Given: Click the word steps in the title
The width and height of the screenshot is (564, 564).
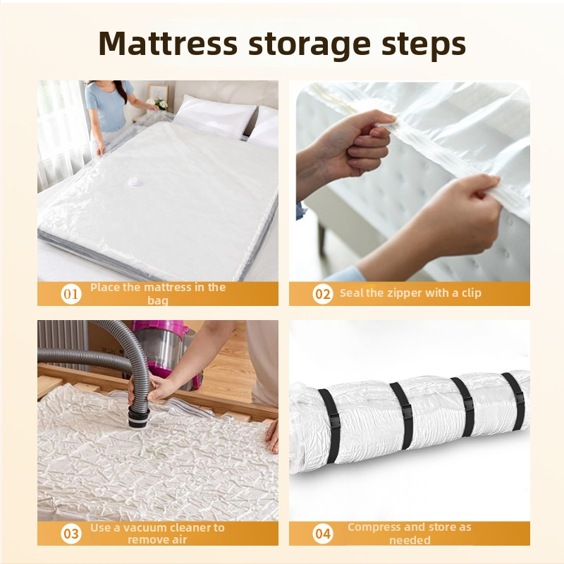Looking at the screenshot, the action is (x=424, y=45).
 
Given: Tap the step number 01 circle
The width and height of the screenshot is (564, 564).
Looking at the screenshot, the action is (x=71, y=294).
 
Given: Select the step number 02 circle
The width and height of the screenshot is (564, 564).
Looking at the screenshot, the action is (x=323, y=294).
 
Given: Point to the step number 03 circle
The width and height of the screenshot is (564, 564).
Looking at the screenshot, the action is (x=71, y=534).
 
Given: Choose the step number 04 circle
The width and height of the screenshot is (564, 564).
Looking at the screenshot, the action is (x=323, y=534).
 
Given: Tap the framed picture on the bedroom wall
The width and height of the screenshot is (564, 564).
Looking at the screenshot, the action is (x=158, y=94).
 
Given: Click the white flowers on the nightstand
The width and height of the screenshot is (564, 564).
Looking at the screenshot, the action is (x=157, y=104).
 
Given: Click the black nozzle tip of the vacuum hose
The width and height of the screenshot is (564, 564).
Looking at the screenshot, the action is (x=138, y=417).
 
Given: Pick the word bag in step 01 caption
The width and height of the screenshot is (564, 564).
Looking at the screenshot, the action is (x=157, y=300).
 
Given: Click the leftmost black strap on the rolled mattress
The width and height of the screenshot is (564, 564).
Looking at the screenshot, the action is (x=329, y=412).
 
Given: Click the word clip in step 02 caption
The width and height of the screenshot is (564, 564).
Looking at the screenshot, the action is (x=471, y=293).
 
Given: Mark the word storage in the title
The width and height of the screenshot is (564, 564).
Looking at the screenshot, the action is (x=309, y=45).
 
